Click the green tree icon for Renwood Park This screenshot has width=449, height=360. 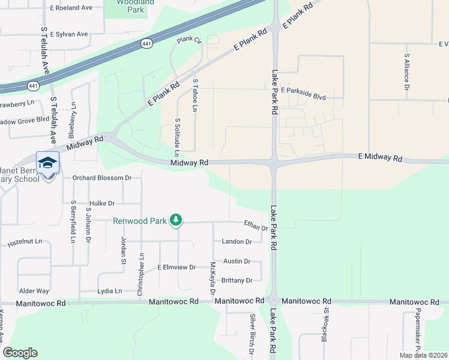(x=175, y=221)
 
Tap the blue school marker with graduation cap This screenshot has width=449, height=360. (x=47, y=163)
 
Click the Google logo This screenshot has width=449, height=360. (x=20, y=353)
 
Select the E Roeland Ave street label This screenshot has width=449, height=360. (x=71, y=8)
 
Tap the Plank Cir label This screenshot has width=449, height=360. (x=189, y=40)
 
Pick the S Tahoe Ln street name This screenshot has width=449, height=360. (x=194, y=95)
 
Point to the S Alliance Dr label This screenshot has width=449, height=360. (x=406, y=75)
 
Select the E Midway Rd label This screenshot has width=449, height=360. (x=380, y=157)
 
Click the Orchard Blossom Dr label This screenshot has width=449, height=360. (x=101, y=178)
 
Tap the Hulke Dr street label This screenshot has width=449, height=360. (x=101, y=203)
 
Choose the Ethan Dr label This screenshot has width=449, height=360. (x=256, y=226)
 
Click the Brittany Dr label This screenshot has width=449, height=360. (x=237, y=280)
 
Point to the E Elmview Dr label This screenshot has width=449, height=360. (x=176, y=267)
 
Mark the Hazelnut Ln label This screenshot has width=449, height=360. (x=25, y=242)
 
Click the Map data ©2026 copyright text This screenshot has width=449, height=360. (x=423, y=355)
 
